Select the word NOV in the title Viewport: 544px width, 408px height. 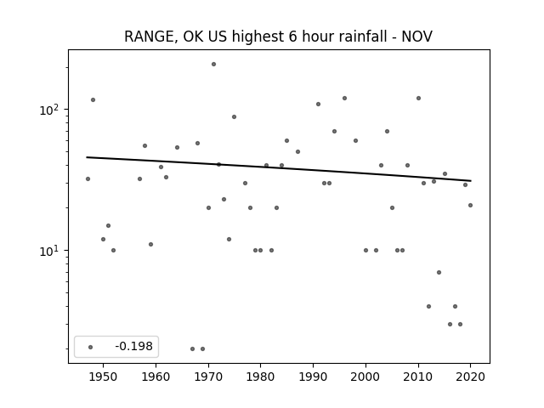(416, 37)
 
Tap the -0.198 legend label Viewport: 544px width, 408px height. (133, 346)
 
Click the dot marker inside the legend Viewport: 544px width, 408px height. (91, 347)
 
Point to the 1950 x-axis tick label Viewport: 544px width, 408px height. (103, 377)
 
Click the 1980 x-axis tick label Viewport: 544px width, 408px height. (260, 377)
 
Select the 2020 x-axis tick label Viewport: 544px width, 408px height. (470, 377)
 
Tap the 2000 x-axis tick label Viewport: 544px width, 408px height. (365, 377)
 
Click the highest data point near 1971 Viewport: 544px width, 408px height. (213, 65)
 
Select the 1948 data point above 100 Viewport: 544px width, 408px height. (93, 100)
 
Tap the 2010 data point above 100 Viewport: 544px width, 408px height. (418, 99)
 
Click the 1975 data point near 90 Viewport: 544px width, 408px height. (235, 117)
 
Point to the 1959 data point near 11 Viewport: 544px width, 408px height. (150, 244)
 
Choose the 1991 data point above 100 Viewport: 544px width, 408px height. (318, 104)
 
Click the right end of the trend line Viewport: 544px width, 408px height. (471, 181)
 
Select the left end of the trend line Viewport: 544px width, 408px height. (87, 157)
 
